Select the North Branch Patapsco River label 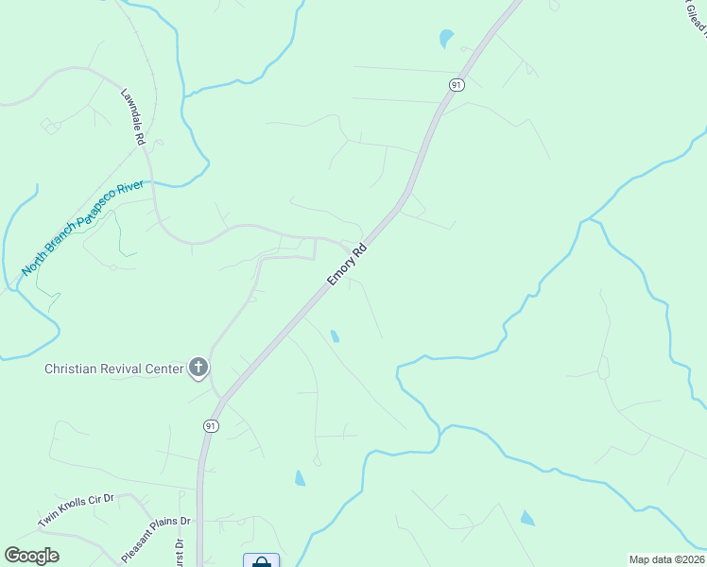click(83, 228)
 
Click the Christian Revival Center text click(113, 369)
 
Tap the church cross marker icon click(198, 367)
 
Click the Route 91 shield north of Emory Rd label click(457, 85)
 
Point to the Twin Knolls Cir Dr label click(76, 510)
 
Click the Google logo click(31, 556)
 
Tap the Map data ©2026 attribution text click(666, 559)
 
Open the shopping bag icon click(262, 562)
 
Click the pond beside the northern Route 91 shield click(446, 39)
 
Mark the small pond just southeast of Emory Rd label click(335, 335)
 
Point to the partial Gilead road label click(696, 17)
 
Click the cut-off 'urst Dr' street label click(178, 551)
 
